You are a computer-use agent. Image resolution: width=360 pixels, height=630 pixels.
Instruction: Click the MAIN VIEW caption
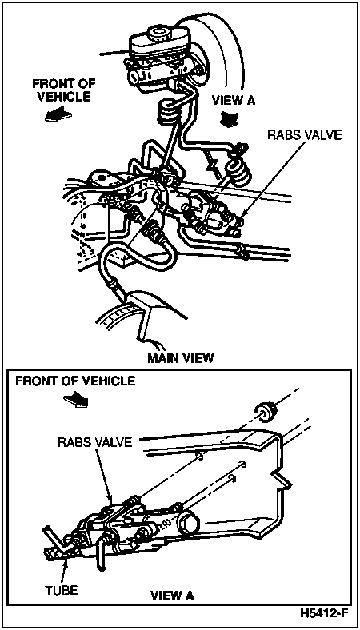(180, 358)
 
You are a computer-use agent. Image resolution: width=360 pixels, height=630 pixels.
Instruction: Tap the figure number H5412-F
(324, 613)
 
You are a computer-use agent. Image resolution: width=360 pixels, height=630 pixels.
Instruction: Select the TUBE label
(62, 590)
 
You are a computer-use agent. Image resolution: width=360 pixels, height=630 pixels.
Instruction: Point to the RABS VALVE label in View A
(94, 442)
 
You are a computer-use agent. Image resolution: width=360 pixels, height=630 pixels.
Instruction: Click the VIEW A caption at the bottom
(172, 596)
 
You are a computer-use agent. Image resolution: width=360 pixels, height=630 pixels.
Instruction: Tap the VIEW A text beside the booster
(234, 100)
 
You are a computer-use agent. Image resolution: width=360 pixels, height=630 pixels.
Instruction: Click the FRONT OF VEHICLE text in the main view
(64, 90)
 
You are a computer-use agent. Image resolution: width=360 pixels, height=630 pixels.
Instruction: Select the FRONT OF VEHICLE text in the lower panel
(76, 381)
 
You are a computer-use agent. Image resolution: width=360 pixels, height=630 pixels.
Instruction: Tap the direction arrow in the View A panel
(77, 399)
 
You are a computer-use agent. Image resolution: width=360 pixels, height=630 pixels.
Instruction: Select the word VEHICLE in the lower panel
(114, 381)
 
